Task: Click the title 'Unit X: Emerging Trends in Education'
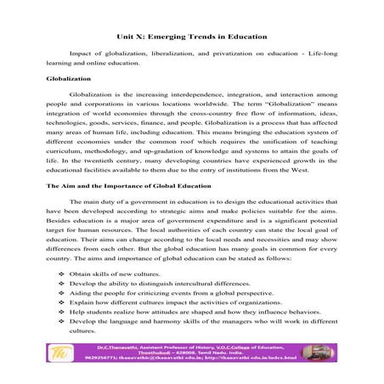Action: point(191,37)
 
